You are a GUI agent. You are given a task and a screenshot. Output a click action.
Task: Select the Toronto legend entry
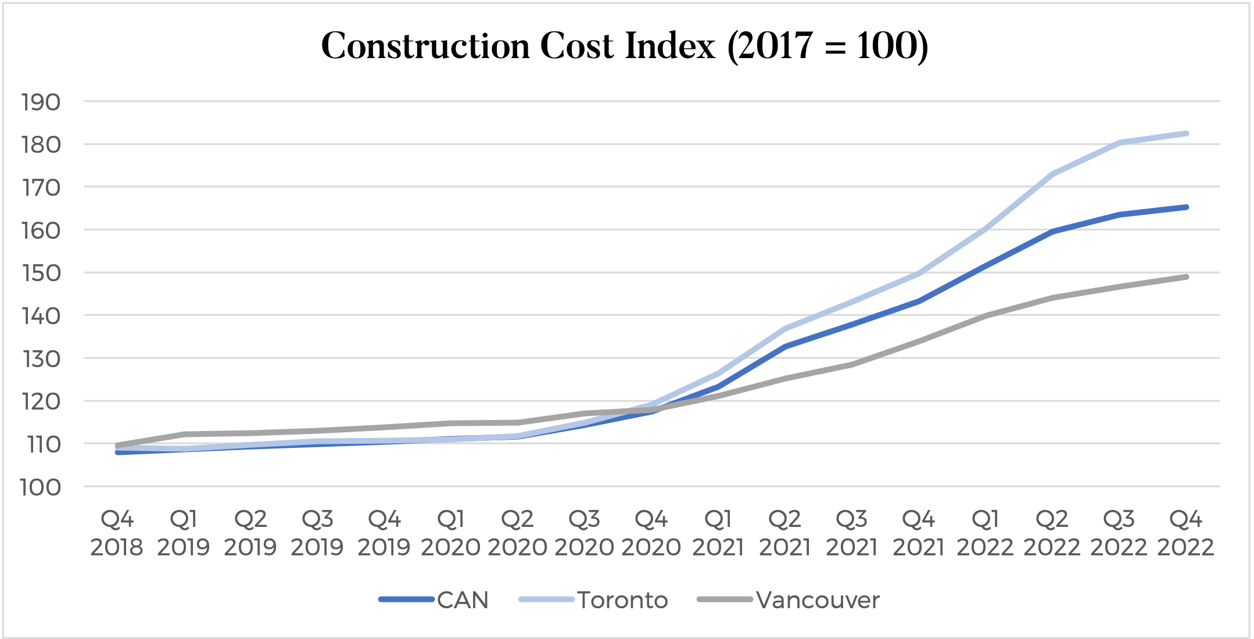click(x=622, y=600)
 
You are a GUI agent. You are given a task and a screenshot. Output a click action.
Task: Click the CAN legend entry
click(x=463, y=600)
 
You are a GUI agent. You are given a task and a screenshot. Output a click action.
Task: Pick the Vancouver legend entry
click(x=818, y=600)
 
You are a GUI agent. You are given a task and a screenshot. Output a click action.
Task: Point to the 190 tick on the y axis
click(x=41, y=102)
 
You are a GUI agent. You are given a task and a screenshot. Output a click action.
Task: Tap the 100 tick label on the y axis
click(x=41, y=487)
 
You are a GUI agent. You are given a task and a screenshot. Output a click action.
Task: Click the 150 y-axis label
click(x=41, y=273)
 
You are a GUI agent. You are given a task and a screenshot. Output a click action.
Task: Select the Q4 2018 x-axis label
click(x=117, y=533)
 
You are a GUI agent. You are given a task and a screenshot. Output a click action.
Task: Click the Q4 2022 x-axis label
click(x=1185, y=533)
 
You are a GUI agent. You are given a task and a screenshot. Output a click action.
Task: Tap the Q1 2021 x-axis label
click(x=718, y=533)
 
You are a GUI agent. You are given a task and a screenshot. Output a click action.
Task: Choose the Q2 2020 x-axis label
click(x=517, y=533)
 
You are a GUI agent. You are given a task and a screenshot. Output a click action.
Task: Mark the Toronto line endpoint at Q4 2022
click(x=1186, y=134)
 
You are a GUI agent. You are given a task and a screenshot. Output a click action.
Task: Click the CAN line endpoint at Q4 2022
click(x=1186, y=207)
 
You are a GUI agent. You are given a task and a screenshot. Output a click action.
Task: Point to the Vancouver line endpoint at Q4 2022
click(x=1186, y=277)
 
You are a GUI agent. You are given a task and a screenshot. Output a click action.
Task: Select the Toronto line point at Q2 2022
click(x=1052, y=174)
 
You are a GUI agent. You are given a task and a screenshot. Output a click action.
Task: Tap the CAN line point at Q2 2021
click(x=785, y=346)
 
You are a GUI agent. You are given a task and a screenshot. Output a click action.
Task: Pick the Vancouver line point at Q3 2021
click(x=852, y=365)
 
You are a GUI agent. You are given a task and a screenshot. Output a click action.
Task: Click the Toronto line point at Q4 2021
click(x=919, y=273)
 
